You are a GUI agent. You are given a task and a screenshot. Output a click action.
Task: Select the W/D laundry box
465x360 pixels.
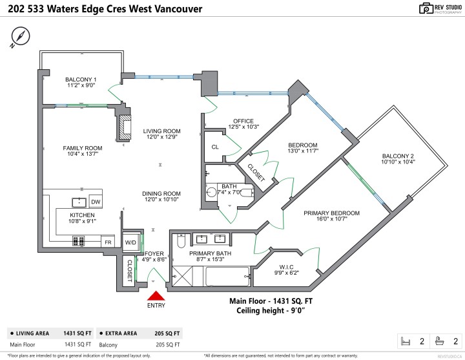(x=130, y=242)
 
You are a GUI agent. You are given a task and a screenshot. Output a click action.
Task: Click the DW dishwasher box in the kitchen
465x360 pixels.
(x=95, y=202)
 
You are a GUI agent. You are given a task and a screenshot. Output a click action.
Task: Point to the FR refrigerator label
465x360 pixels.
(x=108, y=242)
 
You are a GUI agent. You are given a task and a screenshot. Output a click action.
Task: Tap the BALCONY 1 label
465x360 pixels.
(x=81, y=79)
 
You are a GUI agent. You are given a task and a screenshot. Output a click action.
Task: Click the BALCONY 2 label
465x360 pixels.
(x=397, y=156)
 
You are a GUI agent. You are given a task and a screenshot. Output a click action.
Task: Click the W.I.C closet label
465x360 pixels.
(x=287, y=267)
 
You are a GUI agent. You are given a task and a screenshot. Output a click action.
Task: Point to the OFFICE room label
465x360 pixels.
(x=243, y=121)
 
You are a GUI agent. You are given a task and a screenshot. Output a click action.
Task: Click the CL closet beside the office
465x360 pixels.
(x=215, y=147)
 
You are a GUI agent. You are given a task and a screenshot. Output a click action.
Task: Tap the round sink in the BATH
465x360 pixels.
(x=211, y=191)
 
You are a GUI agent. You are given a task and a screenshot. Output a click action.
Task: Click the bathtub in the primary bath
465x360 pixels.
(x=227, y=278)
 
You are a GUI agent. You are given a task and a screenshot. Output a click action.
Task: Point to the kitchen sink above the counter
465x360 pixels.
(x=78, y=202)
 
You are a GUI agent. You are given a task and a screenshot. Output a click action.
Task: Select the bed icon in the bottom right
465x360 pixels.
(x=406, y=341)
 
